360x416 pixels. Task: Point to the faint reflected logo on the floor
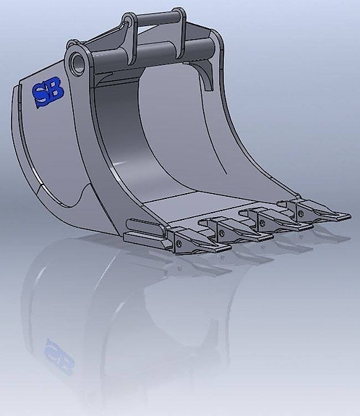(59, 356)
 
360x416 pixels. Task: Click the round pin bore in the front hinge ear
(77, 62)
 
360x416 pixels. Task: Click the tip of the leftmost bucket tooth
(225, 250)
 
